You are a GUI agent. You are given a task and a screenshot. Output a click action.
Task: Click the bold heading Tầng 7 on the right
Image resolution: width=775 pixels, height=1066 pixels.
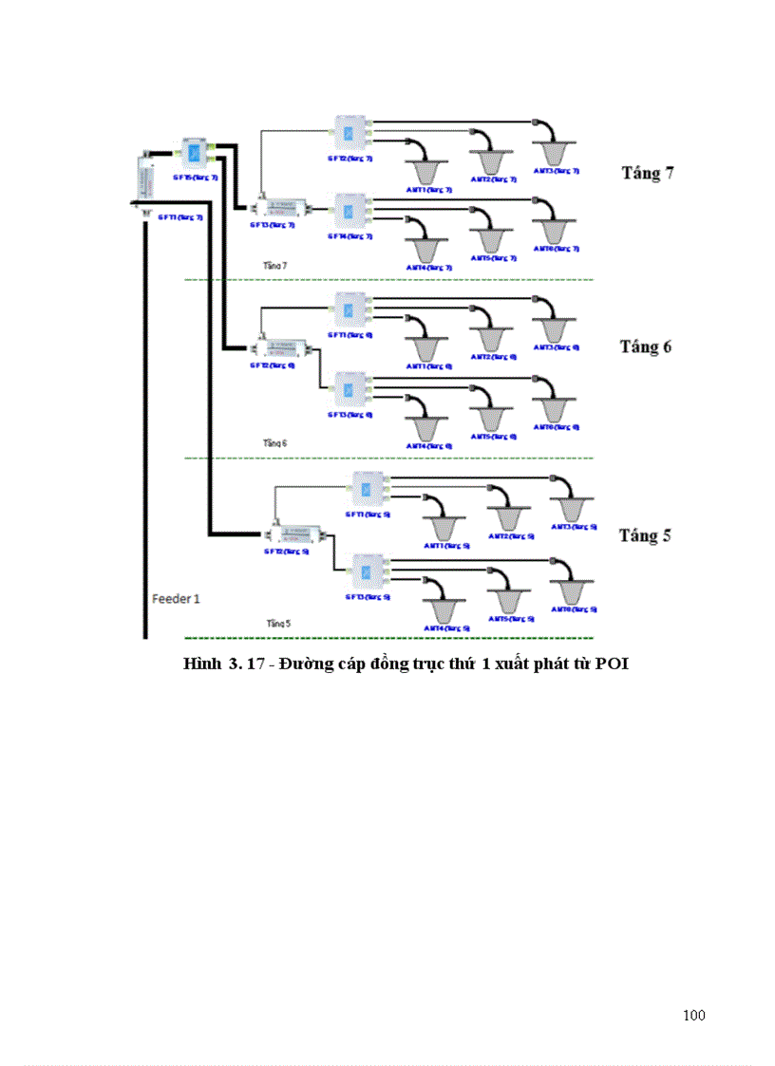click(x=648, y=174)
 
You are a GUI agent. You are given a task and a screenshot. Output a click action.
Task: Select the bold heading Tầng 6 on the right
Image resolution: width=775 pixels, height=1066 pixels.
click(x=646, y=346)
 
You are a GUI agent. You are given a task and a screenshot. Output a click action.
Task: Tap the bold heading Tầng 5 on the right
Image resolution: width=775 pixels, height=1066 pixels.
click(x=645, y=535)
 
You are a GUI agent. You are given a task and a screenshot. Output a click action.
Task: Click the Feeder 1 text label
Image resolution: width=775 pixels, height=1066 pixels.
click(x=177, y=599)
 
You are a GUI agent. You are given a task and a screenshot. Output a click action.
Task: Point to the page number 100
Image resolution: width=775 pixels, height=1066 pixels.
click(x=693, y=1016)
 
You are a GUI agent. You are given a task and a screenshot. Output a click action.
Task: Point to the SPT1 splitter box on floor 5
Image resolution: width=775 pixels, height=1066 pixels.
click(x=367, y=490)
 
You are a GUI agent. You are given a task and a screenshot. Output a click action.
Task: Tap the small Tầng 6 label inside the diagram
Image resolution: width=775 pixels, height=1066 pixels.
click(x=275, y=443)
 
